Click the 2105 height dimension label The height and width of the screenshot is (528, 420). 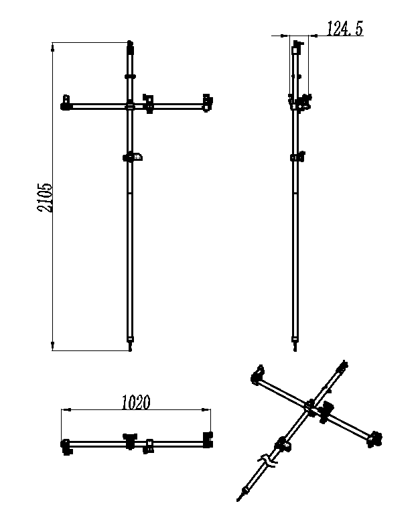point(45,198)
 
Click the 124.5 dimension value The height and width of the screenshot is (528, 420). point(345,28)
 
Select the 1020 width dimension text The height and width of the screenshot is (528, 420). point(135,403)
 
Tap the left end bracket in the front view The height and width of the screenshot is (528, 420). point(66,103)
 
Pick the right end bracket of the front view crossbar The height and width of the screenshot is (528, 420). point(208,103)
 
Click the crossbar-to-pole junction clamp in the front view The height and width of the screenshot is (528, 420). point(130,107)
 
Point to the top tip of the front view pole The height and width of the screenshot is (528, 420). point(130,42)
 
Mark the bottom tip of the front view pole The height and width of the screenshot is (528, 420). point(130,350)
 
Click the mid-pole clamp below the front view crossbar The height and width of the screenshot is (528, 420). point(133,157)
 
